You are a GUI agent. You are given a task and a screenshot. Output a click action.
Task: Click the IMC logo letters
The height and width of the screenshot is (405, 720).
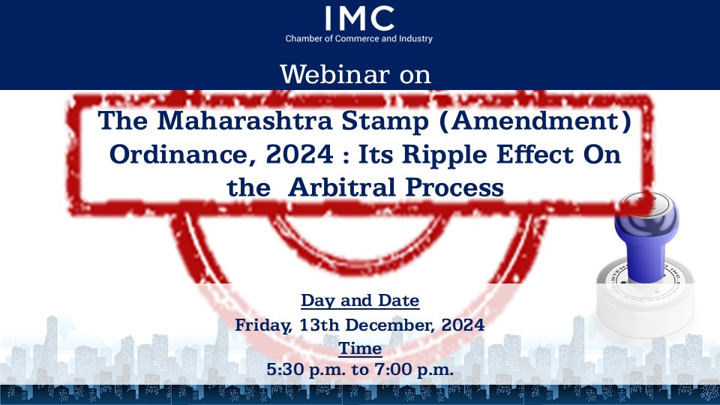[x=359, y=18]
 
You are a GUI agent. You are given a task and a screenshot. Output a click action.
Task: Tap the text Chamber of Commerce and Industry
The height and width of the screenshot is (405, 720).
[x=359, y=38]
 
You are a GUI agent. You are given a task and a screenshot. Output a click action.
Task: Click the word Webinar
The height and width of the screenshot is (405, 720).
[x=335, y=74]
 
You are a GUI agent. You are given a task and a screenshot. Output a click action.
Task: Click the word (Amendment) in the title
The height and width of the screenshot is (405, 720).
[x=535, y=121]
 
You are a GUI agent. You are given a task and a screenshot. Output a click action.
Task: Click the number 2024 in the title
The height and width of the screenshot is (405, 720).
[x=300, y=154]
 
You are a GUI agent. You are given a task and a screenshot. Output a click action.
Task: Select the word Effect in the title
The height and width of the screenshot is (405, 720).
[x=535, y=154]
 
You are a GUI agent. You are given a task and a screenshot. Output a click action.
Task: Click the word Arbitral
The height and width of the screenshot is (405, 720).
[x=342, y=187]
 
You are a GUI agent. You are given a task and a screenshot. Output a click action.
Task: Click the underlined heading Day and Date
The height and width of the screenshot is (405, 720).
[x=360, y=301]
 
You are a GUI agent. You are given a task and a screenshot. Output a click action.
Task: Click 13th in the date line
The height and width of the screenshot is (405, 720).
[x=319, y=325]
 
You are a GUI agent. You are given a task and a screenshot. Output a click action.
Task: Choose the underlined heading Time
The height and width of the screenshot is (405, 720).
[x=360, y=349]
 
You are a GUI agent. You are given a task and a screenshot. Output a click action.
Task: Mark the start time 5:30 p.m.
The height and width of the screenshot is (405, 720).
[x=306, y=370]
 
